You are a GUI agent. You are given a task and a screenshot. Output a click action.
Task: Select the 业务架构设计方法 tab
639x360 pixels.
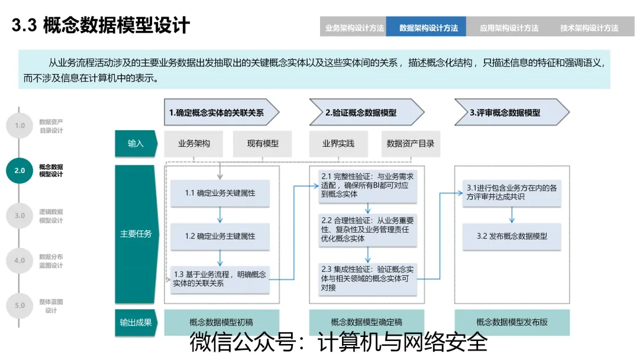354,27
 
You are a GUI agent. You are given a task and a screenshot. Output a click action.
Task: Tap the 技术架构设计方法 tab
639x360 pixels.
589,27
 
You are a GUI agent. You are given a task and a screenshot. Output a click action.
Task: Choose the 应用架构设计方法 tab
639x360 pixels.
509,27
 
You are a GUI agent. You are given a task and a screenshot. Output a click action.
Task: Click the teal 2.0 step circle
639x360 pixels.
20,171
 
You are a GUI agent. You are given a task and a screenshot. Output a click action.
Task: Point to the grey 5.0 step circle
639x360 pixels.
20,306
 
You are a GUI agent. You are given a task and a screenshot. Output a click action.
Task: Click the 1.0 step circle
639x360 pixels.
20,126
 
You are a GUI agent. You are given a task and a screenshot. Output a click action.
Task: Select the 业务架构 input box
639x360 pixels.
194,143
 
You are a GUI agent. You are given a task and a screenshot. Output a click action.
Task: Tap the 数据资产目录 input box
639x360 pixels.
410,143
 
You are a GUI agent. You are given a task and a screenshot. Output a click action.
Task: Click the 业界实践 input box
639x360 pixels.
338,143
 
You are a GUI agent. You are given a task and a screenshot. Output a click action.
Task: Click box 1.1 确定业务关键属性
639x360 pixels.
220,193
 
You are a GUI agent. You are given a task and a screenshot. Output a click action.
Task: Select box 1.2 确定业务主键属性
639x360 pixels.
220,236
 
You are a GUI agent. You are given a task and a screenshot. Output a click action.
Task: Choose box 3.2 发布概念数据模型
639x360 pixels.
512,236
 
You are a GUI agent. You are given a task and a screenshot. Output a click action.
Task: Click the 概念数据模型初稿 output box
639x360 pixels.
221,323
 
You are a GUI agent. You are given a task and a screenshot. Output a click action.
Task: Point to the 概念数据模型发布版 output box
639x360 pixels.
512,323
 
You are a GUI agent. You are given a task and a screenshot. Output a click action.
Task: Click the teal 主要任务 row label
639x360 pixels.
135,233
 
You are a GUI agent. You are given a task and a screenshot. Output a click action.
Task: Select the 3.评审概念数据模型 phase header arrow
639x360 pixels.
509,112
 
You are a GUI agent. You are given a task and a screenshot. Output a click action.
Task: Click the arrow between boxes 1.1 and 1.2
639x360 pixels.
220,214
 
